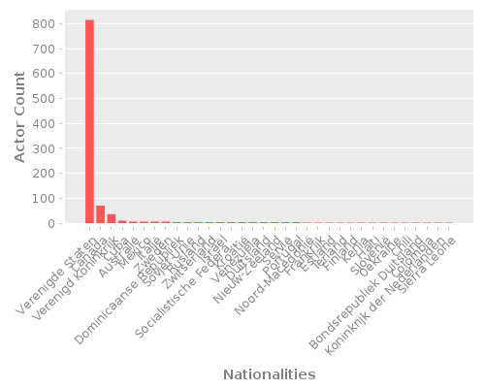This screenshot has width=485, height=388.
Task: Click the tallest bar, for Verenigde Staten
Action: [89, 121]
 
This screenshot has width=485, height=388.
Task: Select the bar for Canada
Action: [101, 214]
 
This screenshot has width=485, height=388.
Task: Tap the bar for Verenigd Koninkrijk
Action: [112, 218]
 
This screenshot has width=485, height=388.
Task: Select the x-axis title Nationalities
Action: [269, 373]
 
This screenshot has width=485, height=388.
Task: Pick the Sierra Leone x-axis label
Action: [425, 252]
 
